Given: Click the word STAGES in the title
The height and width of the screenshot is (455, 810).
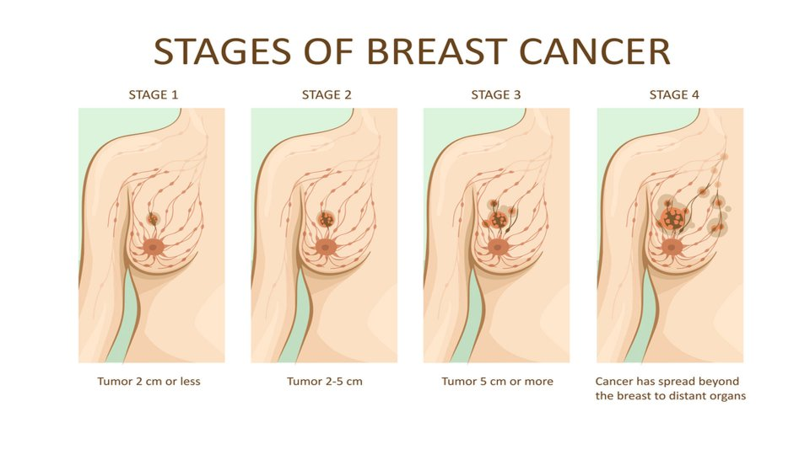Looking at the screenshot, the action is click(224, 51).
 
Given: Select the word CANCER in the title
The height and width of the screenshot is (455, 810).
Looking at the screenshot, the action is click(595, 51).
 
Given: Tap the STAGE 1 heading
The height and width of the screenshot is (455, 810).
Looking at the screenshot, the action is click(154, 95).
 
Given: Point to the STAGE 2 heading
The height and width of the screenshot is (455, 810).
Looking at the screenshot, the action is click(327, 95).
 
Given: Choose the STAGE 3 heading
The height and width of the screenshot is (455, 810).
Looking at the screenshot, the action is click(496, 95).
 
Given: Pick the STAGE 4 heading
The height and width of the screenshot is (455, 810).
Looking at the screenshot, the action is click(674, 95).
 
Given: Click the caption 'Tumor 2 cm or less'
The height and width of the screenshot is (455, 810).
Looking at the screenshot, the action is click(148, 381).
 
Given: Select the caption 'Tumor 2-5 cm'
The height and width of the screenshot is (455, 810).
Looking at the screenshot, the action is click(325, 381).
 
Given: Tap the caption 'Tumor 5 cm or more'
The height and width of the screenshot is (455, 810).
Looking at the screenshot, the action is click(498, 381).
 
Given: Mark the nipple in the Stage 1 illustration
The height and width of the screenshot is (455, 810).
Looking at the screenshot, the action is click(153, 248).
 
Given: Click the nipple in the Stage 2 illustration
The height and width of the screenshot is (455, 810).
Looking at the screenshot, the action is click(326, 248).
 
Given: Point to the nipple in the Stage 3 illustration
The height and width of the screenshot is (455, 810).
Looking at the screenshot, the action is click(498, 248).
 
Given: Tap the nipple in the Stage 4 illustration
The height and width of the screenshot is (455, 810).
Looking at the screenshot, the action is click(671, 248).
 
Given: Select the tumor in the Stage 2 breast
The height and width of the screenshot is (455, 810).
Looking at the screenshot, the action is click(326, 220).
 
